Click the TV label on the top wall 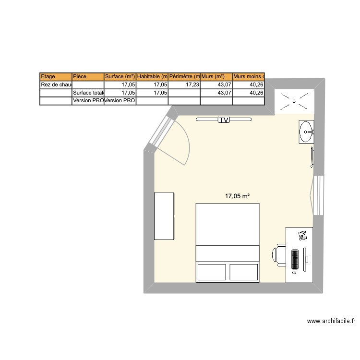pos(224,120)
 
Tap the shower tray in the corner pos(294,101)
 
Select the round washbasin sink pos(306,131)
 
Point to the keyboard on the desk pos(295,260)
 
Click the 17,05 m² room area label pos(238,196)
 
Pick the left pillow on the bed pos(212,272)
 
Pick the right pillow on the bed pos(244,272)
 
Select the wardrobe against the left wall pos(164,216)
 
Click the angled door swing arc pos(185,144)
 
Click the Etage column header pos(56,76)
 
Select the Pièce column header pos(87,76)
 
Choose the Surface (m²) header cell pos(120,76)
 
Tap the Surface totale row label pos(87,93)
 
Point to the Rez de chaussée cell pos(56,84)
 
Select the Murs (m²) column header pos(216,76)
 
